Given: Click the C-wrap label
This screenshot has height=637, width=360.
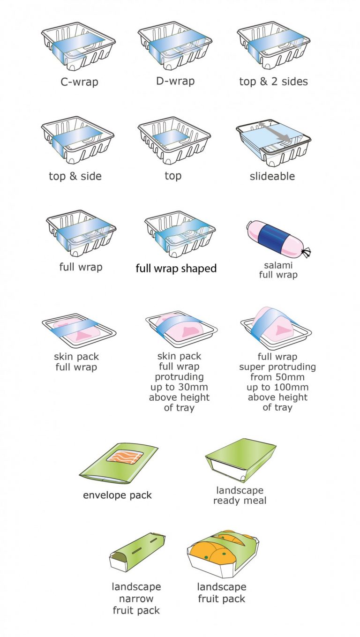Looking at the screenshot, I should click(x=79, y=82).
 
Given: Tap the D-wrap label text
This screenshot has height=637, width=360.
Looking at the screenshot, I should click(x=175, y=81).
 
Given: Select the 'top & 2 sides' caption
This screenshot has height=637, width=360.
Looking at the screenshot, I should click(x=273, y=81).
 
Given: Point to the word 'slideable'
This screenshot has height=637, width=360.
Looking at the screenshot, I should click(x=272, y=176).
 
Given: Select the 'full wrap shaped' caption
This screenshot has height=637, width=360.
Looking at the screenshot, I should click(x=176, y=269).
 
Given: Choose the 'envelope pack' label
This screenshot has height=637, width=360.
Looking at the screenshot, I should click(x=117, y=495).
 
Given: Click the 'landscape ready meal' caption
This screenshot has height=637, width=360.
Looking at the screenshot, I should click(x=240, y=495).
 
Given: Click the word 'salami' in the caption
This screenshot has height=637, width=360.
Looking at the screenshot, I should click(x=278, y=265).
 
